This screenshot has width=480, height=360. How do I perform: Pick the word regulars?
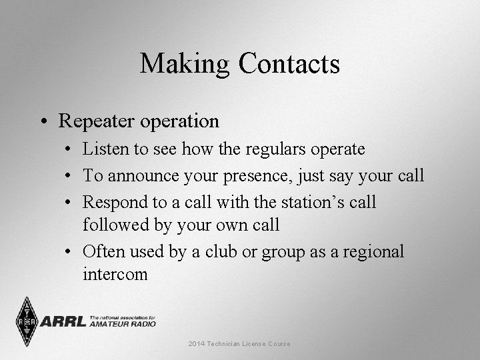tap(269, 149)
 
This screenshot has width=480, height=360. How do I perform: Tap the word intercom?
tap(115, 274)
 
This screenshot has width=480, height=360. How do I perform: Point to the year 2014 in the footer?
tap(197, 343)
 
